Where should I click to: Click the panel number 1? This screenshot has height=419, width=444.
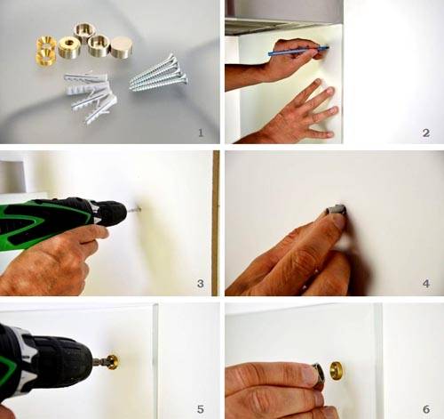201,133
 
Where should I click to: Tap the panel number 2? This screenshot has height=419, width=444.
426,133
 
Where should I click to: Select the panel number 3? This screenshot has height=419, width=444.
201,284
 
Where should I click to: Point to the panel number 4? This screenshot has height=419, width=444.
426,284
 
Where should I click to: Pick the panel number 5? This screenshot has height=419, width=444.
201,409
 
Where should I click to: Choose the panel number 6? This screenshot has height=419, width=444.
426,409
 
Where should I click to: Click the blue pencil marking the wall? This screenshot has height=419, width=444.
298,51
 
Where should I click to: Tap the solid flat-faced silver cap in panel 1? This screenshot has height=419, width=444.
122,46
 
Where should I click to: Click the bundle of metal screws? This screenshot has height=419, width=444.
159,74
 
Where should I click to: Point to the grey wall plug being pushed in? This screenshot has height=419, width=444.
337,209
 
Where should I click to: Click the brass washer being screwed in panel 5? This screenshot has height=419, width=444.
113,362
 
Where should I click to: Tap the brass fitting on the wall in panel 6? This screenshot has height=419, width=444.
337,370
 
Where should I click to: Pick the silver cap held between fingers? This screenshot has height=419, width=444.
318,375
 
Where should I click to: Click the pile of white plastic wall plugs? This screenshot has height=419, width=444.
91,96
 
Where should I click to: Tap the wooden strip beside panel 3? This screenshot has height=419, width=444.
216,223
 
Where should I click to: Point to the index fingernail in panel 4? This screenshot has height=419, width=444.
339,221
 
